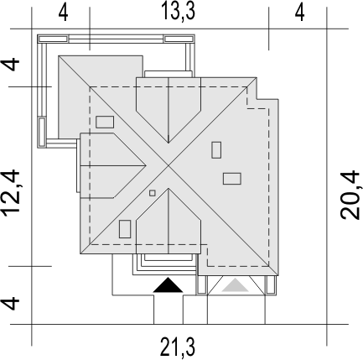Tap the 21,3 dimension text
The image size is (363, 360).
(177, 347)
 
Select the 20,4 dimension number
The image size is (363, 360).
(350, 196)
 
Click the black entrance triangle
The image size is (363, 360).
(168, 285)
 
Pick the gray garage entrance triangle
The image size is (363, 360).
(236, 285)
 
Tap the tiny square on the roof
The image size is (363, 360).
(153, 193)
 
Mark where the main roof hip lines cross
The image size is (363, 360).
(169, 166)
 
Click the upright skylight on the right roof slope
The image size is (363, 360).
(216, 150)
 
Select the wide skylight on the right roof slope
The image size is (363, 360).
(232, 179)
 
